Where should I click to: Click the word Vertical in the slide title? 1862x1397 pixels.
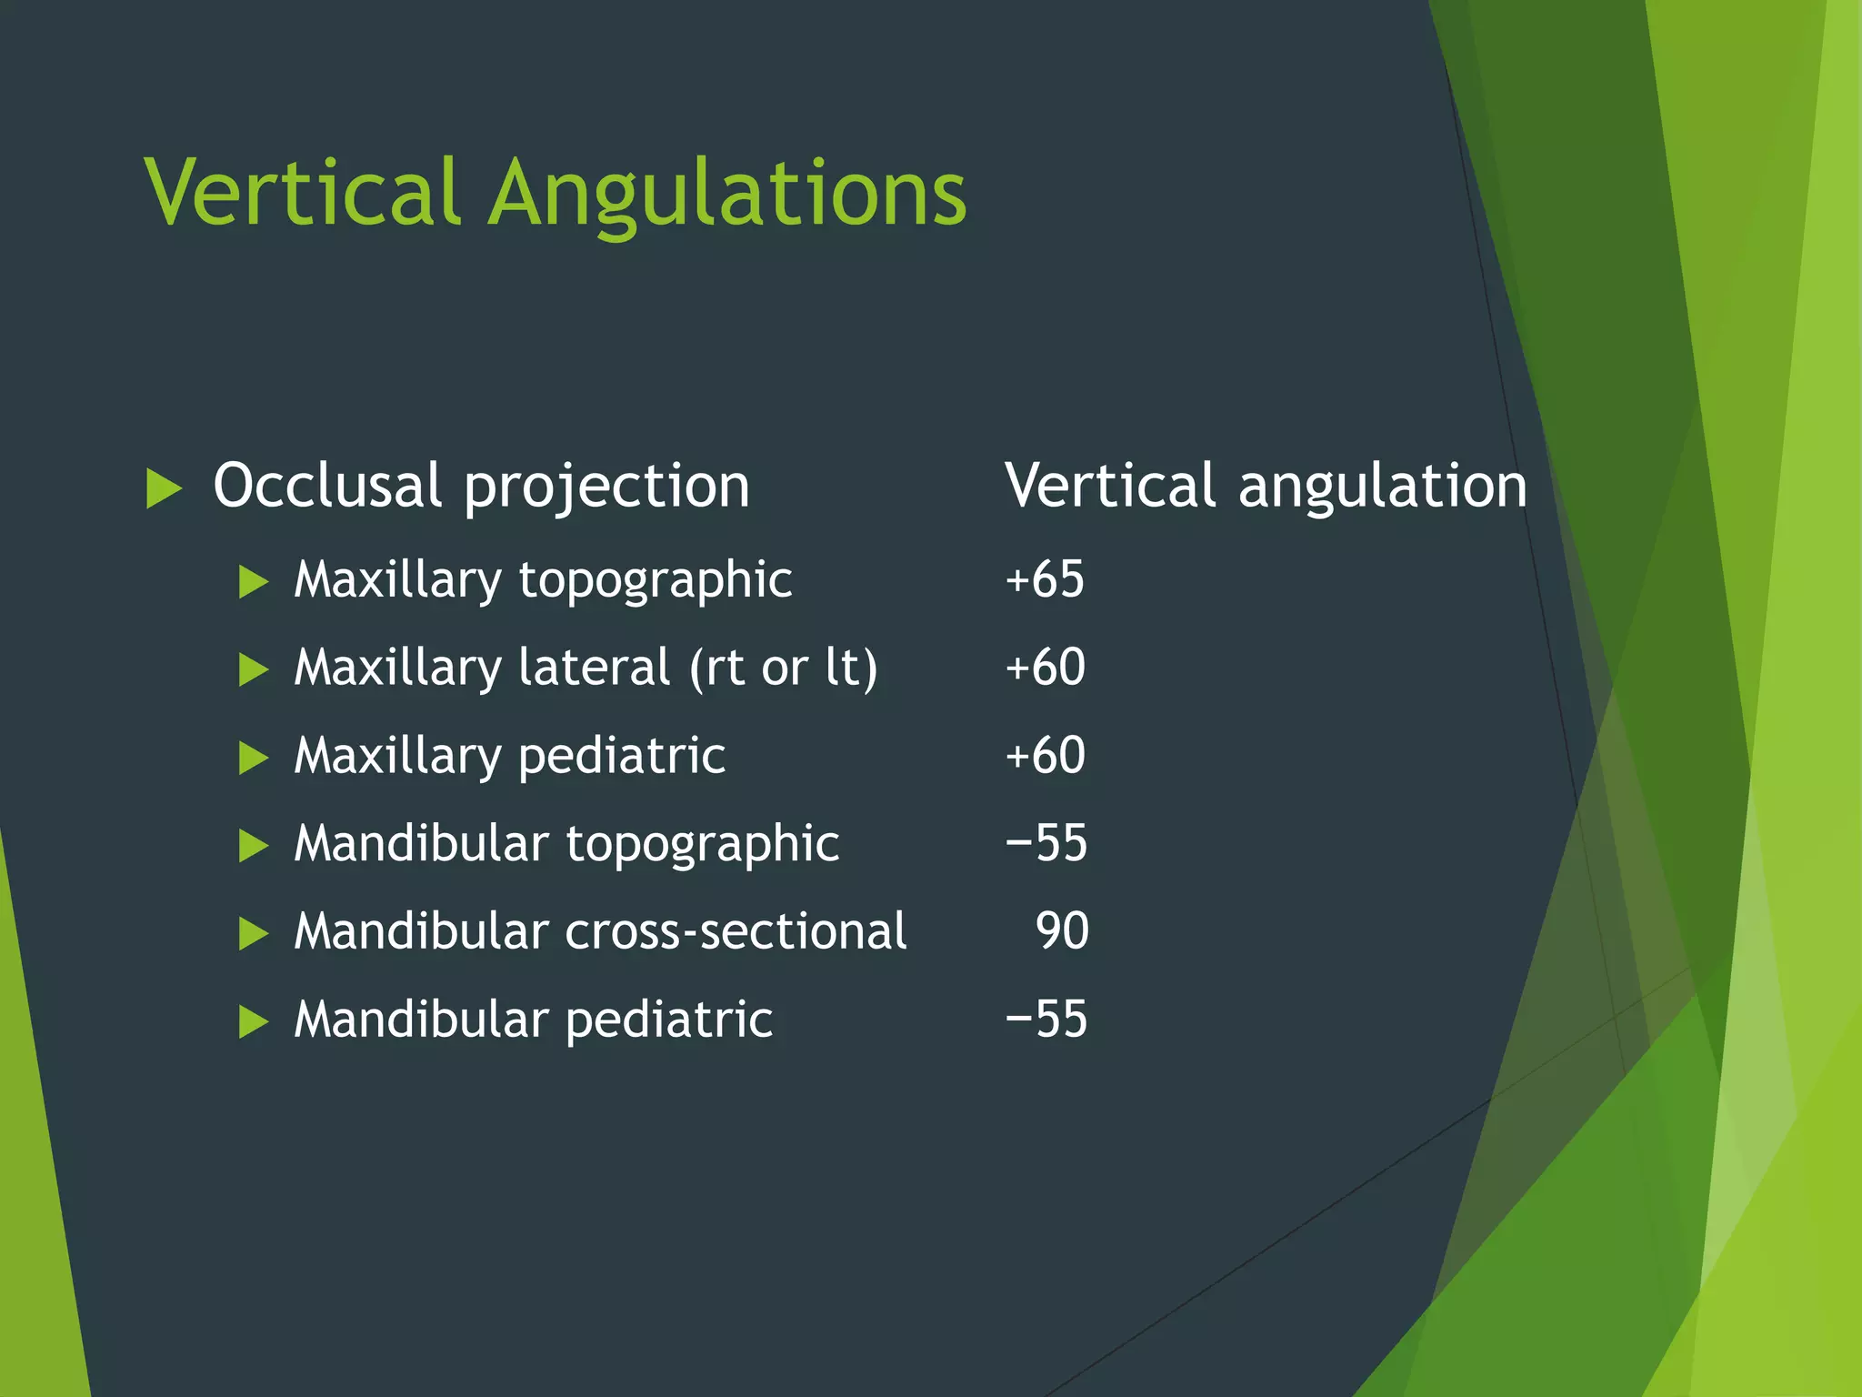pos(301,192)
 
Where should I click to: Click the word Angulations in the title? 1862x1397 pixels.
pos(727,196)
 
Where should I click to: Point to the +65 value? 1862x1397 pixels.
pos(1045,578)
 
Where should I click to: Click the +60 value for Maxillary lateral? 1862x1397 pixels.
pos(1045,667)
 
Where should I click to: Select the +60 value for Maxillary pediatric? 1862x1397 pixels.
pos(1045,755)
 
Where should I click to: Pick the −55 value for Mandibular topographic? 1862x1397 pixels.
pos(1046,843)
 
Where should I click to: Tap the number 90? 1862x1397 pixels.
pos(1062,930)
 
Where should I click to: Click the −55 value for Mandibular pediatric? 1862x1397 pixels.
pos(1046,1019)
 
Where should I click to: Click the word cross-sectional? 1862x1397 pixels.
pos(736,931)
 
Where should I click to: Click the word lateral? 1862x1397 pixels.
pos(595,667)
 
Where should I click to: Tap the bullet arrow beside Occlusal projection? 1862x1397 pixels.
pos(164,488)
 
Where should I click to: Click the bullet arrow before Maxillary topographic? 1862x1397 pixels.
pos(253,581)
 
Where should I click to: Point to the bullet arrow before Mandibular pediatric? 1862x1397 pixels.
pos(253,1021)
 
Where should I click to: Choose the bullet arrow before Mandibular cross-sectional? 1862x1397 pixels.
pos(253,933)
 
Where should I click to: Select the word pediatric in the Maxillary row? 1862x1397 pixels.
pos(622,756)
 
